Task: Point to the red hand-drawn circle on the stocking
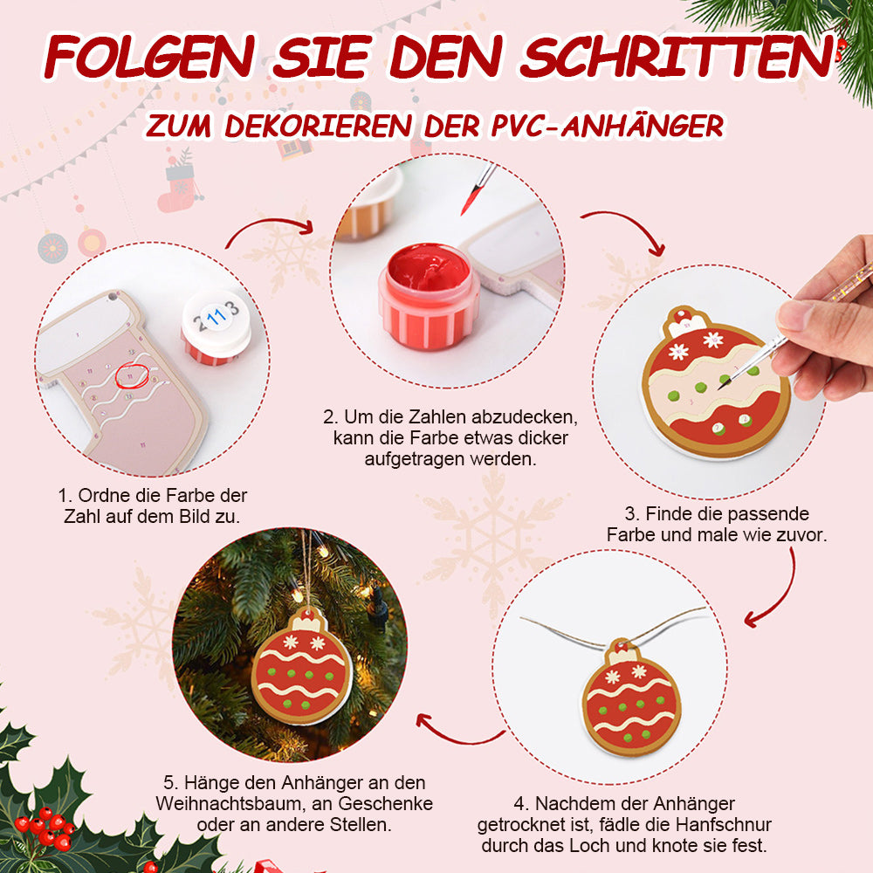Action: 132,375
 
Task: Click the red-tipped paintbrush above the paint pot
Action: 478,189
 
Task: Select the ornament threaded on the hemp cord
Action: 631,698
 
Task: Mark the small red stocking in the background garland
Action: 177,189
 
